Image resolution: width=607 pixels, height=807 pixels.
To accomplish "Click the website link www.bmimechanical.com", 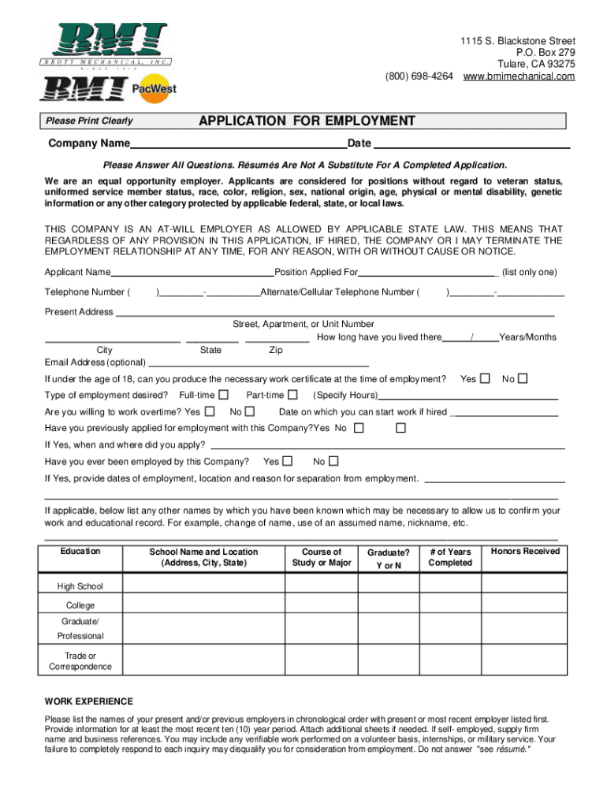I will [x=519, y=76].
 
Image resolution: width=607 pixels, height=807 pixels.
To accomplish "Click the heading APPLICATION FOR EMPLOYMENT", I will [x=307, y=121].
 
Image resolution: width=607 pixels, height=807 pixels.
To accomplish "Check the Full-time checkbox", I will [x=224, y=394].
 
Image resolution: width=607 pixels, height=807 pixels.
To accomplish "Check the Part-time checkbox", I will [x=292, y=394].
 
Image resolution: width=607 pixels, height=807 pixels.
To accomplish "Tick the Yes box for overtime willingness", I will [x=210, y=411].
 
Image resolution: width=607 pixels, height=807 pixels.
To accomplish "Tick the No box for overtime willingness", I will [x=250, y=411].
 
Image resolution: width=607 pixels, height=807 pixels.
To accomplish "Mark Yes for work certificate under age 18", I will [x=486, y=378].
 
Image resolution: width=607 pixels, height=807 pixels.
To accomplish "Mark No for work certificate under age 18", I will [x=522, y=378].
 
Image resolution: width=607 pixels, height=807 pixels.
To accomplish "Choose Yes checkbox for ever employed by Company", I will [x=288, y=461].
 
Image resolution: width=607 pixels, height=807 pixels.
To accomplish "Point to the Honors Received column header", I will [x=525, y=551].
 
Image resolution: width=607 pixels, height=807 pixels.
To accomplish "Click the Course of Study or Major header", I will [x=322, y=557].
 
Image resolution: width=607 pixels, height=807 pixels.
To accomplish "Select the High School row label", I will [x=80, y=586].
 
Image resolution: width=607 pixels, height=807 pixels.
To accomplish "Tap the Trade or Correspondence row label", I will [x=80, y=661].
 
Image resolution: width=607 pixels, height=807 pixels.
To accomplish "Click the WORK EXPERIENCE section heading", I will [x=89, y=701].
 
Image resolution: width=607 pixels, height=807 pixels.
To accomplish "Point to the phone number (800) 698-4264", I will [x=419, y=76].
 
